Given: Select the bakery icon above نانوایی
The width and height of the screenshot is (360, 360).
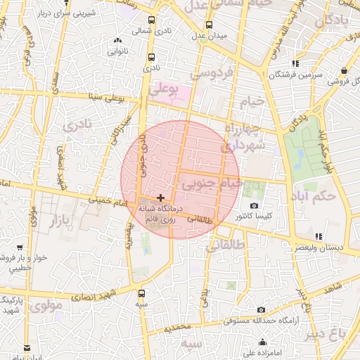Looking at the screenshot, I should (x=136, y=40).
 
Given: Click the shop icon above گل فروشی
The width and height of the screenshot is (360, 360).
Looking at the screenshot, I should (x=344, y=71).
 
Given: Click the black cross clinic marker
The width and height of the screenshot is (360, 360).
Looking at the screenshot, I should (x=161, y=198).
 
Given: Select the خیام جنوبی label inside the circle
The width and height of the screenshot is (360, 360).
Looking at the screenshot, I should (x=212, y=184).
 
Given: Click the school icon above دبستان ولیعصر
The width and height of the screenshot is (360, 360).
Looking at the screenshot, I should (x=319, y=236).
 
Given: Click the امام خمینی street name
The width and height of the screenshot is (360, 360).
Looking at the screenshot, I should (x=108, y=203).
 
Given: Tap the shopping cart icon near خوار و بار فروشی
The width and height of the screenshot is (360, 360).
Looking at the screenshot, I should (x=20, y=247).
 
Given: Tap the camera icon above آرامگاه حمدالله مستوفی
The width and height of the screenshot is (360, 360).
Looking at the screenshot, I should (x=261, y=309).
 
